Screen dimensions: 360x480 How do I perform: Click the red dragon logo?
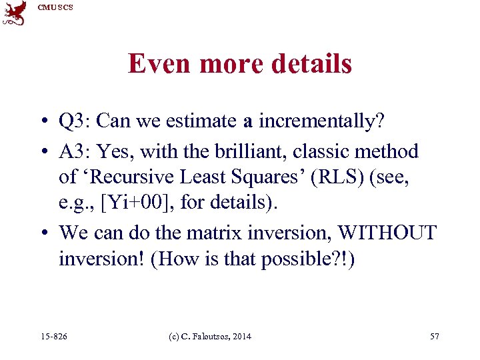(14, 13)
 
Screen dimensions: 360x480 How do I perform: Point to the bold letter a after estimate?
(247, 122)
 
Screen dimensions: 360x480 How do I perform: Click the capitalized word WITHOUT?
(387, 233)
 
